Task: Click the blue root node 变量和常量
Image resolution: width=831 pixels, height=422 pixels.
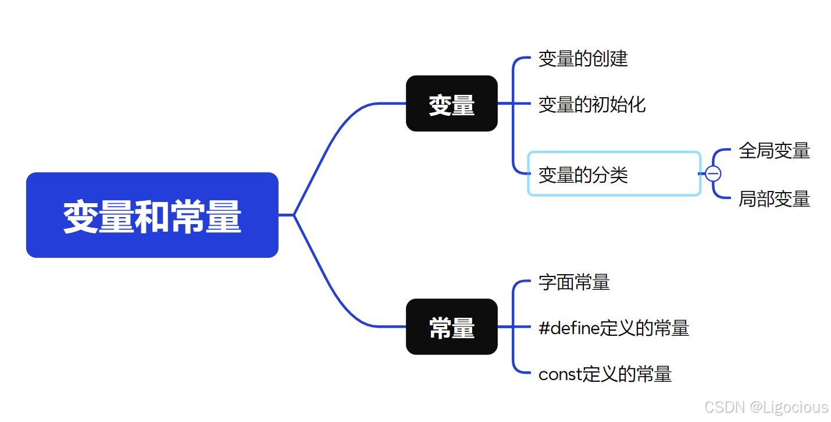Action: [x=152, y=215]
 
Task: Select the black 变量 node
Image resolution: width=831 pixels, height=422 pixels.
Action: [x=451, y=104]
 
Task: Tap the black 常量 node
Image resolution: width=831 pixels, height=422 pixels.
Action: [x=451, y=327]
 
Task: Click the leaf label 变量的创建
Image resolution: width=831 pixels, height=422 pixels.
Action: [x=583, y=59]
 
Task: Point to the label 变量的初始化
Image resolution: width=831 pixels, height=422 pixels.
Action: [x=591, y=105]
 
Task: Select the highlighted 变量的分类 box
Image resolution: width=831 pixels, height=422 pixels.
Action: [x=614, y=174]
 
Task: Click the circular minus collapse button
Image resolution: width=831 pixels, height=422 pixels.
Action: [x=713, y=173]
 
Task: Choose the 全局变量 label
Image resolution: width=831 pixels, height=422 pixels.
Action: [x=774, y=151]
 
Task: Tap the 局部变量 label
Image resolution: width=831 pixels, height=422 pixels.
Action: [x=774, y=199]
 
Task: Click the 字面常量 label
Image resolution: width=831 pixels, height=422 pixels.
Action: [x=574, y=282]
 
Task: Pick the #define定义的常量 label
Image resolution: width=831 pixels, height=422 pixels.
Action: [x=614, y=328]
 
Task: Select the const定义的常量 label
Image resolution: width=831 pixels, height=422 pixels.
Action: [x=605, y=374]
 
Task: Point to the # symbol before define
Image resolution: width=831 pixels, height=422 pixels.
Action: [x=544, y=329]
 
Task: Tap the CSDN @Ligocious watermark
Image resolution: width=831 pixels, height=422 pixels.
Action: [x=766, y=407]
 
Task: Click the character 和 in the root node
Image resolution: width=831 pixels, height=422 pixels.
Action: [x=152, y=217]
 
